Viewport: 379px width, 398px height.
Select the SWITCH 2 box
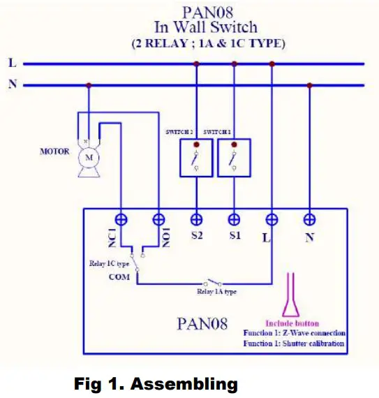(196, 158)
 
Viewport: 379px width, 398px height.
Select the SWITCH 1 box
(234, 158)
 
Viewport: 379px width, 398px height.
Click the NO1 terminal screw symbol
(158, 219)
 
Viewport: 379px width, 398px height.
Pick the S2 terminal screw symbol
(196, 219)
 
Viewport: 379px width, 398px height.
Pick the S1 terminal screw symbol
(234, 219)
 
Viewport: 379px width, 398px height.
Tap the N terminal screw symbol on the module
(309, 219)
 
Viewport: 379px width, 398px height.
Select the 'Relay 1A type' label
(215, 292)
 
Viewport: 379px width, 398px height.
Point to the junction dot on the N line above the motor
(88, 86)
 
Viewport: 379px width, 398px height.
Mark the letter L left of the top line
(12, 63)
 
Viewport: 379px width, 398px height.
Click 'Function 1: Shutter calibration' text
(295, 344)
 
